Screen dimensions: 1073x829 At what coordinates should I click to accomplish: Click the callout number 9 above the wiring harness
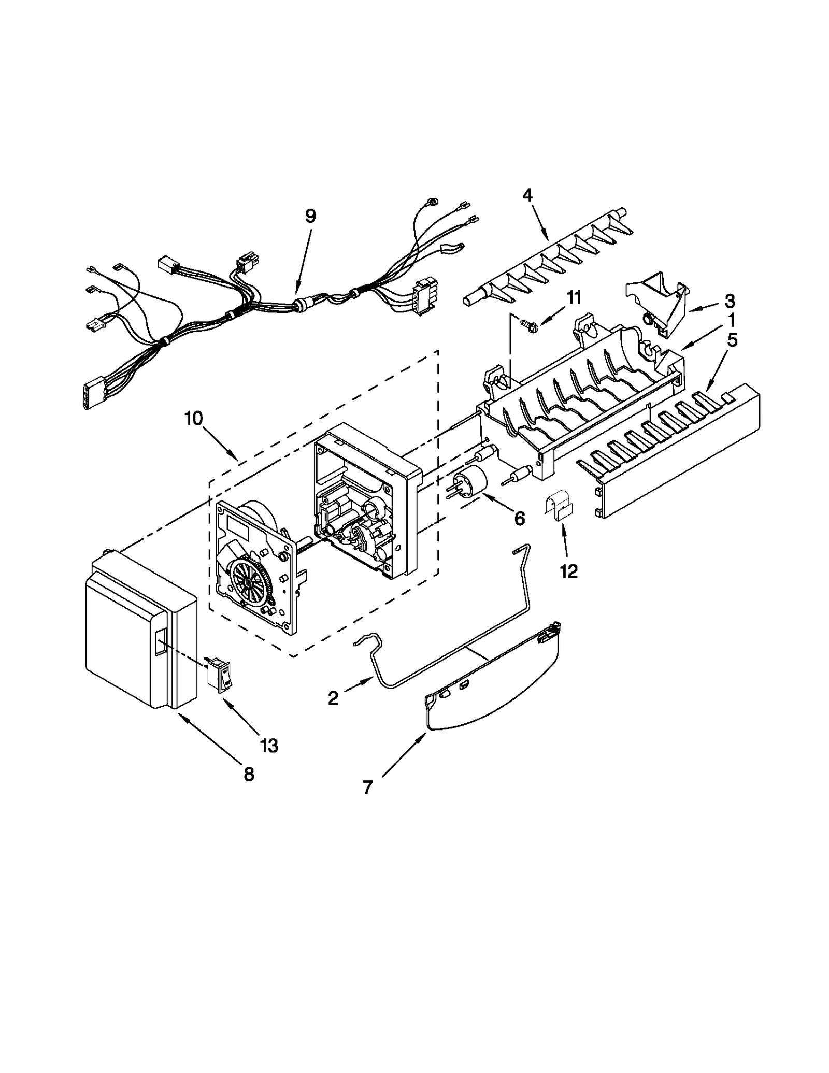(310, 216)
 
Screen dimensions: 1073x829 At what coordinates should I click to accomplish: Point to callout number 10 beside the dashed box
(194, 418)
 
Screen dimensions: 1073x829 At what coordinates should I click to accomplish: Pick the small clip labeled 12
(559, 510)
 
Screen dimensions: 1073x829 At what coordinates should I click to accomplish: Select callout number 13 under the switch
(269, 746)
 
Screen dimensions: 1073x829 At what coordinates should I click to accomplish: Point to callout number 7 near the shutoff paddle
(367, 788)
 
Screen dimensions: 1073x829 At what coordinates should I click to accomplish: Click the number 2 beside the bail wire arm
(333, 698)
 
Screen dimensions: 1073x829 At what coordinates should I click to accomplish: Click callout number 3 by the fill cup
(730, 301)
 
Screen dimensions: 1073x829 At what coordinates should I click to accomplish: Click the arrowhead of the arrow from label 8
(179, 713)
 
